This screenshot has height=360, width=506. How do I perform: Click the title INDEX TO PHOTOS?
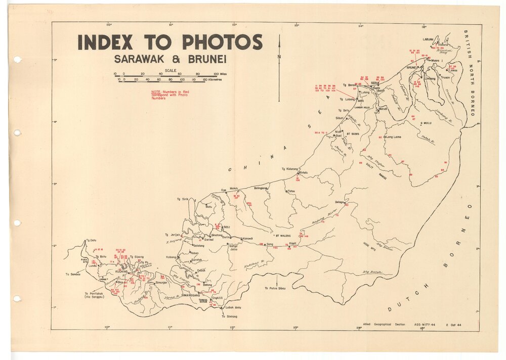[x=170, y=42]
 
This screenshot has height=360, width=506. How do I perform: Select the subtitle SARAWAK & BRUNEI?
[x=170, y=59]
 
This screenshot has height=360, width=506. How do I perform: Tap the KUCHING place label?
[x=122, y=272]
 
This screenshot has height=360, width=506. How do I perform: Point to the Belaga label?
[x=340, y=202]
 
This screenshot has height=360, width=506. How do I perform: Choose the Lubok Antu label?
[x=233, y=308]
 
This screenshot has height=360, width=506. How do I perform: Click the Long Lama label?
[x=393, y=137]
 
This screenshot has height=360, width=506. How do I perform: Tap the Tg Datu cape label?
[x=91, y=241]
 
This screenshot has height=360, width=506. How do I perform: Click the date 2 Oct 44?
[x=454, y=324]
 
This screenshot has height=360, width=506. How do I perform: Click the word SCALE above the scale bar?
[x=170, y=71]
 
